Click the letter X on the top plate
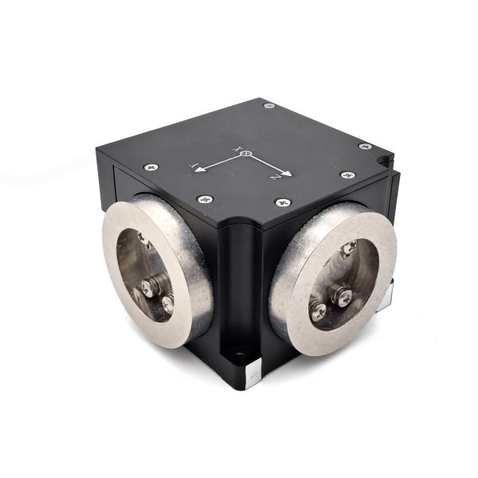click(236, 147)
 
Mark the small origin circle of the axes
click(246, 153)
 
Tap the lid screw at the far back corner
click(268, 105)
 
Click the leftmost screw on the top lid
click(151, 167)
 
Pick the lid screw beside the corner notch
click(364, 147)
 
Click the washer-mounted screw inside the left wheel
click(151, 285)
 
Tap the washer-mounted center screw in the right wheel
click(341, 297)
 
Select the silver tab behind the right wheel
click(385, 299)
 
